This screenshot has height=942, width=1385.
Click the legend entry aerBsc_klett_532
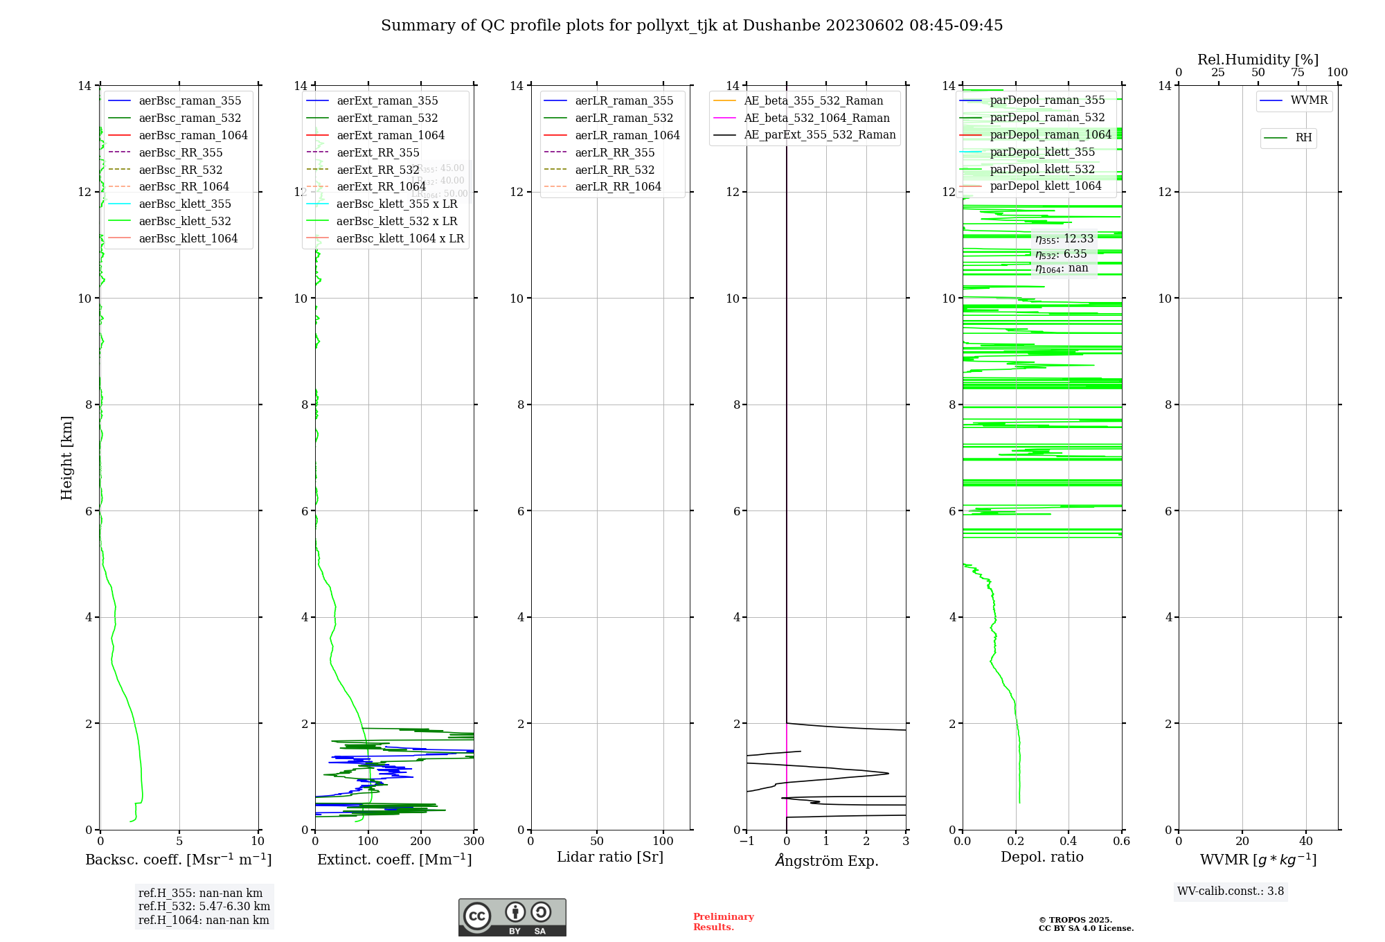(184, 221)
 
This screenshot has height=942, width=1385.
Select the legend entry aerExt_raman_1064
(391, 135)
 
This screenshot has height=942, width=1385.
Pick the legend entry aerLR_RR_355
(614, 152)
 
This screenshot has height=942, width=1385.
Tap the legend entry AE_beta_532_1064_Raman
(816, 118)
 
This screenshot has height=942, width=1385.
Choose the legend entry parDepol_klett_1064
(1045, 186)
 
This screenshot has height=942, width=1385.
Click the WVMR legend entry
(1309, 100)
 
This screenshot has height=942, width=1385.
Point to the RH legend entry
(1303, 138)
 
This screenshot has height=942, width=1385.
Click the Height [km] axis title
(66, 457)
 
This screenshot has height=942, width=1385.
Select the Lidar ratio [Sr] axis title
(609, 857)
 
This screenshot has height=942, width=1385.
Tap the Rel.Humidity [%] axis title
(1258, 60)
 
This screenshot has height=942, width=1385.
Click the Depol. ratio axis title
(1042, 857)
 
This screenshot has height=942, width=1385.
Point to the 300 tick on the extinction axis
(474, 842)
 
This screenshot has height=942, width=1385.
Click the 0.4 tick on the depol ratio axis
(1069, 842)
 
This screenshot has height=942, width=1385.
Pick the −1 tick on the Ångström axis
(747, 842)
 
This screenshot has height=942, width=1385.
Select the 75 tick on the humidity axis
(1298, 73)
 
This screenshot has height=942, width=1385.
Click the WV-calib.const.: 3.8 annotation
(1230, 891)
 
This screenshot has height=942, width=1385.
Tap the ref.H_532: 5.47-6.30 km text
(204, 907)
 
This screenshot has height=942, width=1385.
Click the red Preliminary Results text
(723, 922)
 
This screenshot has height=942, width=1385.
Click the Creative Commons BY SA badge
(512, 917)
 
